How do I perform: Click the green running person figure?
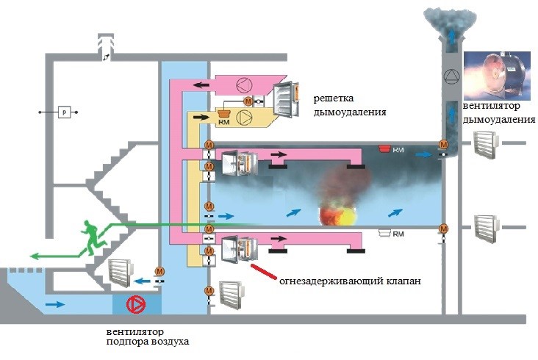[x=92, y=237]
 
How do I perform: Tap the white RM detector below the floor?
[x=383, y=233]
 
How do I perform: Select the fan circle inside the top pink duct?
[x=243, y=84]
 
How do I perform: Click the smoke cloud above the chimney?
[x=449, y=18]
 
